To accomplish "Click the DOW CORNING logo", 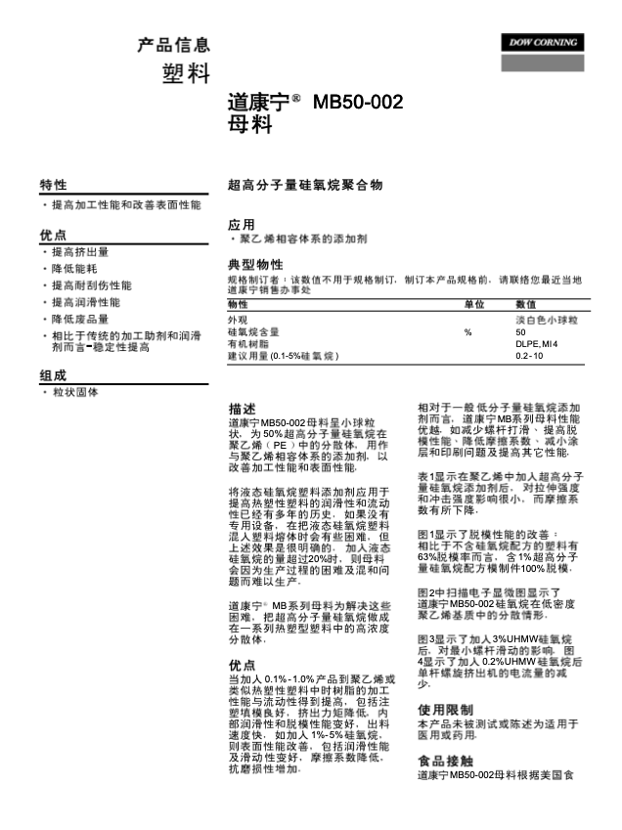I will pyautogui.click(x=543, y=43).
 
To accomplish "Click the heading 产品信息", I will pyautogui.click(x=173, y=45).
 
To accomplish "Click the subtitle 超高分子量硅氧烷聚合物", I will pyautogui.click(x=304, y=184).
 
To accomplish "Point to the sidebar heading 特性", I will pyautogui.click(x=53, y=185).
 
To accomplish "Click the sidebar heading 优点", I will pyautogui.click(x=53, y=235).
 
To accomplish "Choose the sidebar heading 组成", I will pyautogui.click(x=53, y=374).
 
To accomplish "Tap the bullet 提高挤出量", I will pyautogui.click(x=80, y=252).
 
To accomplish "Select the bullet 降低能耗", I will pyautogui.click(x=73, y=269).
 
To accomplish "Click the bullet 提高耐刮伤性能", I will pyautogui.click(x=91, y=285).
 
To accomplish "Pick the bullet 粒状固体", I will pyautogui.click(x=74, y=392).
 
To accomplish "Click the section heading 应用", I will pyautogui.click(x=241, y=224).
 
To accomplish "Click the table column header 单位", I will pyautogui.click(x=473, y=305).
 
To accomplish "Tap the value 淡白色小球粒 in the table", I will pyautogui.click(x=547, y=320).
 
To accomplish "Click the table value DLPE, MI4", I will pyautogui.click(x=536, y=344).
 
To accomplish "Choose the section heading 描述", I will pyautogui.click(x=242, y=408).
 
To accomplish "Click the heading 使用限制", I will pyautogui.click(x=445, y=710).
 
